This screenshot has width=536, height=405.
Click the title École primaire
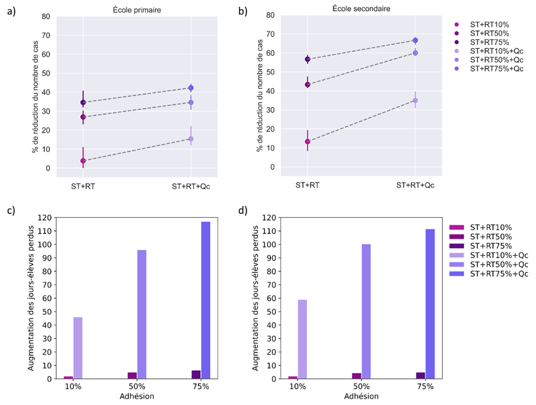(x=137, y=9)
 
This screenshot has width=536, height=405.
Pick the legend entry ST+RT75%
(x=489, y=42)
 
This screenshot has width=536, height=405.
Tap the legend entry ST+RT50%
(x=489, y=33)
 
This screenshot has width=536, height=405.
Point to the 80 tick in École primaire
(x=46, y=16)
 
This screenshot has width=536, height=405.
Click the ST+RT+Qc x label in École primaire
(x=191, y=187)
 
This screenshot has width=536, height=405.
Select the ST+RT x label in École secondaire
(x=307, y=185)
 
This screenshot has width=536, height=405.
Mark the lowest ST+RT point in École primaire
(x=83, y=160)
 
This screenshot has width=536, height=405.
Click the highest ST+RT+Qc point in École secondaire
(x=415, y=41)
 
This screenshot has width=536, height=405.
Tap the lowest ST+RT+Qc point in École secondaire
(x=415, y=100)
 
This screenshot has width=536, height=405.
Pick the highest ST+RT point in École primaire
(x=83, y=103)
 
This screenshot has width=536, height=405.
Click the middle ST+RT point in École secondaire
(x=307, y=85)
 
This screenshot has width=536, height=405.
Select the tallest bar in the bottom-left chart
(x=205, y=300)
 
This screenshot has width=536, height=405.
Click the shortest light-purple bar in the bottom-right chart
(x=302, y=339)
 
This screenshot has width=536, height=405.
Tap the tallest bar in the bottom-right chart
(x=430, y=304)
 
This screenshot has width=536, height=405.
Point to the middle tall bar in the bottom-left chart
(x=142, y=314)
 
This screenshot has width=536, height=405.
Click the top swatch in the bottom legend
(x=457, y=227)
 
